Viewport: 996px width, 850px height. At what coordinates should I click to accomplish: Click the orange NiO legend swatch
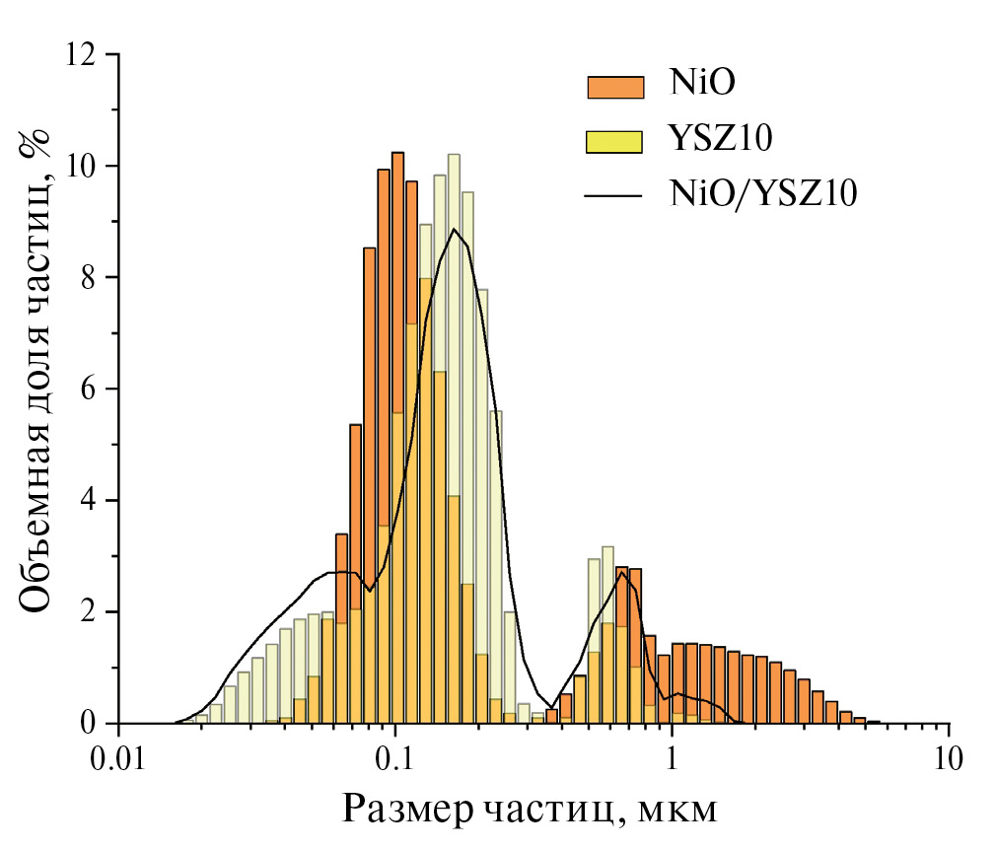[614, 87]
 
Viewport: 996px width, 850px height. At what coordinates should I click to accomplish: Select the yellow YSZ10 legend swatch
[614, 141]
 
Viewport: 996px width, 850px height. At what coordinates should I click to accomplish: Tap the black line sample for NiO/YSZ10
[614, 195]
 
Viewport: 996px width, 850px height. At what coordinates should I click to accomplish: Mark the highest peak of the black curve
[454, 230]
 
